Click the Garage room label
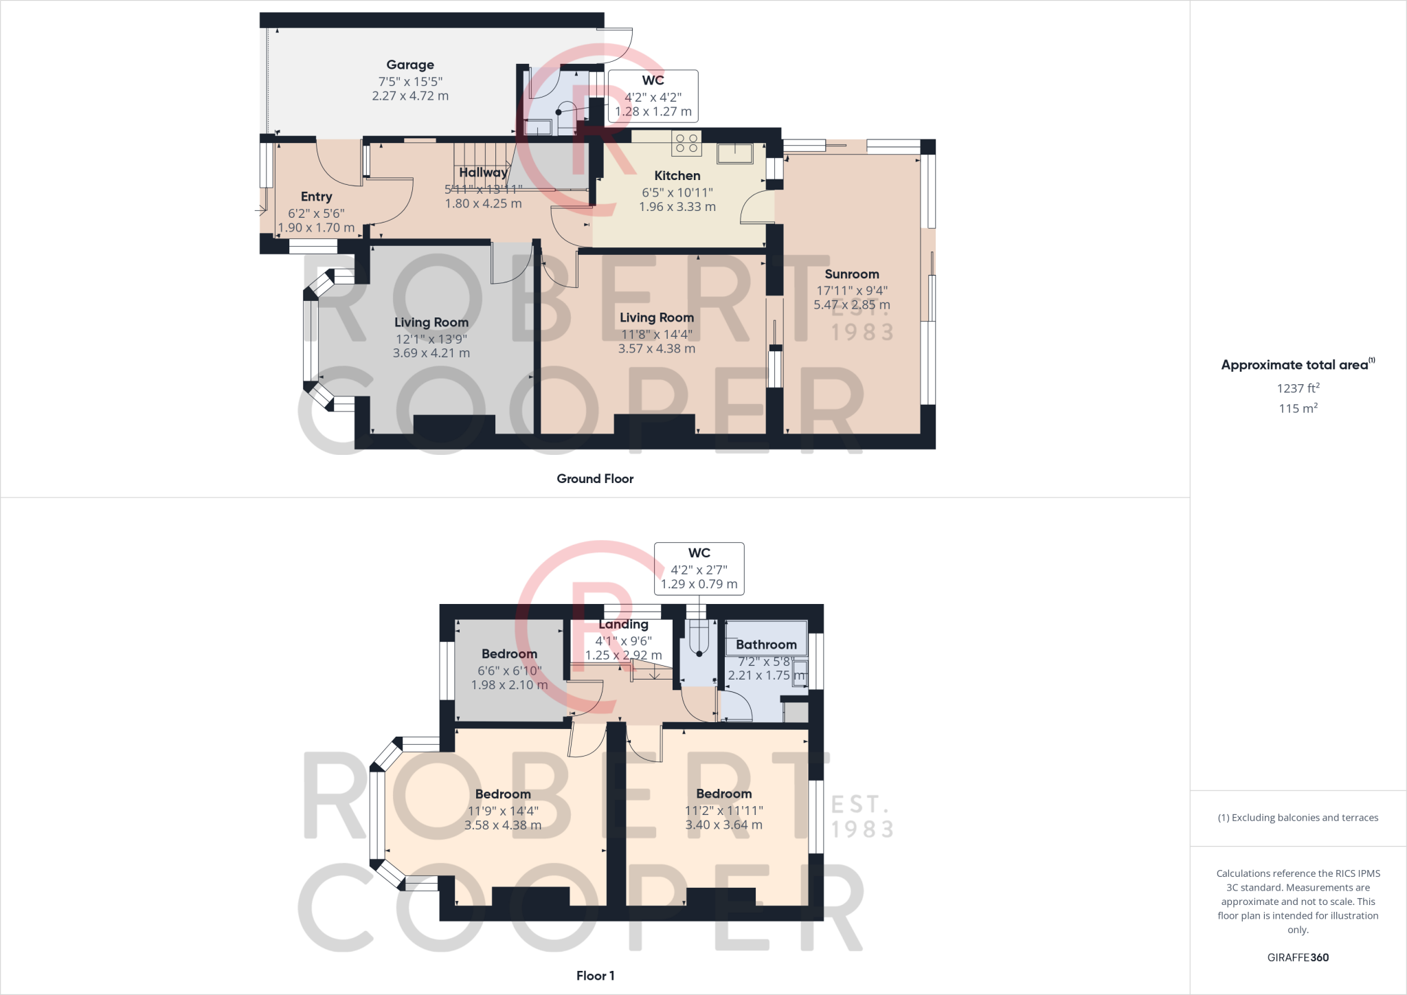point(410,65)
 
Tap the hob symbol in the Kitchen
point(686,143)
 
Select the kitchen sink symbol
point(734,153)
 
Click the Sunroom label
point(852,274)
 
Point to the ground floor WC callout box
point(653,96)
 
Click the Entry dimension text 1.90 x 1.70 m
point(316,227)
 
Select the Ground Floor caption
point(595,479)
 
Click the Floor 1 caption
point(595,976)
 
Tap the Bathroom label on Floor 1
point(766,645)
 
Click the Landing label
point(623,625)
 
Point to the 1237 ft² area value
point(1298,388)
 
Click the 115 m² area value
point(1298,408)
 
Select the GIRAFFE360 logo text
point(1298,957)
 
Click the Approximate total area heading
point(1295,365)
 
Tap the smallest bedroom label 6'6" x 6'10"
point(509,671)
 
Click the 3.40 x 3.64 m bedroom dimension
point(723,825)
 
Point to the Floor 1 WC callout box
point(699,568)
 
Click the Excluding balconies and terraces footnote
point(1298,818)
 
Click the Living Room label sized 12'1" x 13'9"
point(431,322)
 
